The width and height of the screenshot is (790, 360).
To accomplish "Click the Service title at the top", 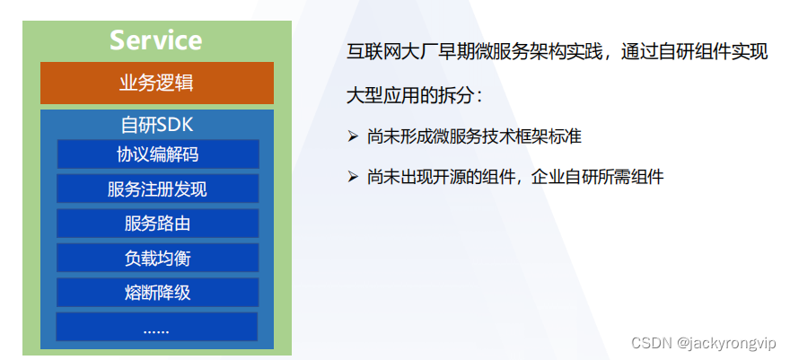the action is (x=155, y=40).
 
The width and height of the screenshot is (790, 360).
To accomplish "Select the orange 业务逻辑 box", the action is (x=157, y=83).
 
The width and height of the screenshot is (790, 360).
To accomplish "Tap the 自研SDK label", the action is (x=157, y=125).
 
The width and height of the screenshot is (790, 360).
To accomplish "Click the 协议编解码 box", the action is (x=158, y=154).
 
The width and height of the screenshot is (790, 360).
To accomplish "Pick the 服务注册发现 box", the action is (x=158, y=189).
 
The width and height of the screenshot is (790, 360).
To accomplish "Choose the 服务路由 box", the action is (x=158, y=223).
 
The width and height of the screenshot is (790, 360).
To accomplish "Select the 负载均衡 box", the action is (x=158, y=258).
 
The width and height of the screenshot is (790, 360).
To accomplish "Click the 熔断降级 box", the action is (x=158, y=293).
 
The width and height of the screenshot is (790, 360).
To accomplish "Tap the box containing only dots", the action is (x=157, y=327).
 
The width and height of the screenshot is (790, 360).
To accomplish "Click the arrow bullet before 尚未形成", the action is (x=353, y=136).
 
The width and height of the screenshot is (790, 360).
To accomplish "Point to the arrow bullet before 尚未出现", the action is (x=353, y=177).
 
